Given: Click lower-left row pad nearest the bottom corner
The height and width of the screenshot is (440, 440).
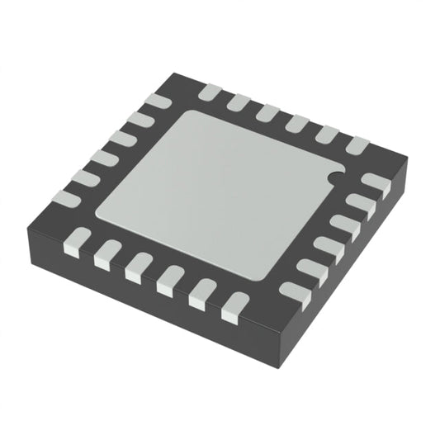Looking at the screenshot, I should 234,305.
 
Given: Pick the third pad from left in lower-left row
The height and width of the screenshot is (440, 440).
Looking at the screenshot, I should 136,265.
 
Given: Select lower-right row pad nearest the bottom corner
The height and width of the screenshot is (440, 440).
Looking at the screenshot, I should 291,291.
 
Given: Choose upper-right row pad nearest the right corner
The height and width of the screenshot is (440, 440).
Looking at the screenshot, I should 357,145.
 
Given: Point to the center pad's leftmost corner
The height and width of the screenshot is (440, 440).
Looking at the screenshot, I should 94,215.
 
